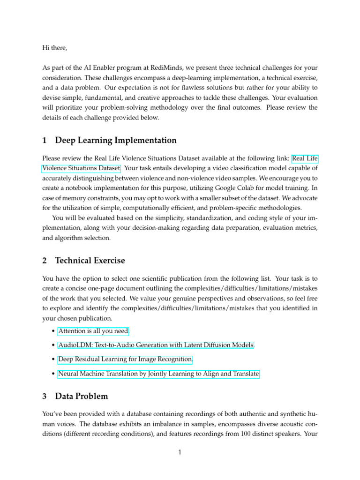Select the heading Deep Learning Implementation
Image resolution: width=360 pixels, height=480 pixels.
[116, 140]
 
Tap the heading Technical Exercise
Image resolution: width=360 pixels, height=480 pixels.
[90, 260]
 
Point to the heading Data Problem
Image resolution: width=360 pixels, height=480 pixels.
[81, 396]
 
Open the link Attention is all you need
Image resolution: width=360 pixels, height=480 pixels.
[93, 331]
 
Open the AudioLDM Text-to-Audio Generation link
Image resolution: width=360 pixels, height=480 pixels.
[156, 345]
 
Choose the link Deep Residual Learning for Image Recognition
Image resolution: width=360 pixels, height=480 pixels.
[125, 360]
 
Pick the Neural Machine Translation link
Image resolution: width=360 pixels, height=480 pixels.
[158, 374]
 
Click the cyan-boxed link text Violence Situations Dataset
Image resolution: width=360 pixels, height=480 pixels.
[81, 168]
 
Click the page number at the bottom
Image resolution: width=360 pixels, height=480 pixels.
[180, 452]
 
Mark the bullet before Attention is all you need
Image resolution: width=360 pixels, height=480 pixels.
[51, 332]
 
